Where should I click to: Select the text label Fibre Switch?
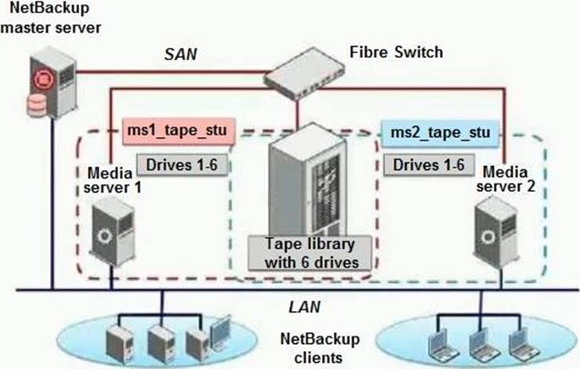coord(396,53)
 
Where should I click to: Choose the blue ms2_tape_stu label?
coord(439,132)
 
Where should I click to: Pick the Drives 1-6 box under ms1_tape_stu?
coord(183,165)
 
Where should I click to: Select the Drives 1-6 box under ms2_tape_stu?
coord(428,165)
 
